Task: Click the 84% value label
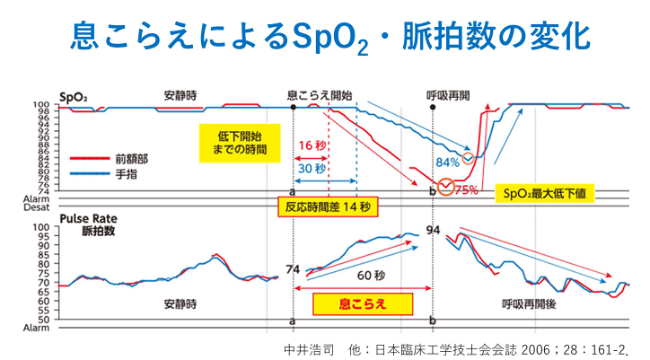point(447,162)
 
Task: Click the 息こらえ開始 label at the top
point(319,94)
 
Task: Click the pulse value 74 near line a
point(292,268)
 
